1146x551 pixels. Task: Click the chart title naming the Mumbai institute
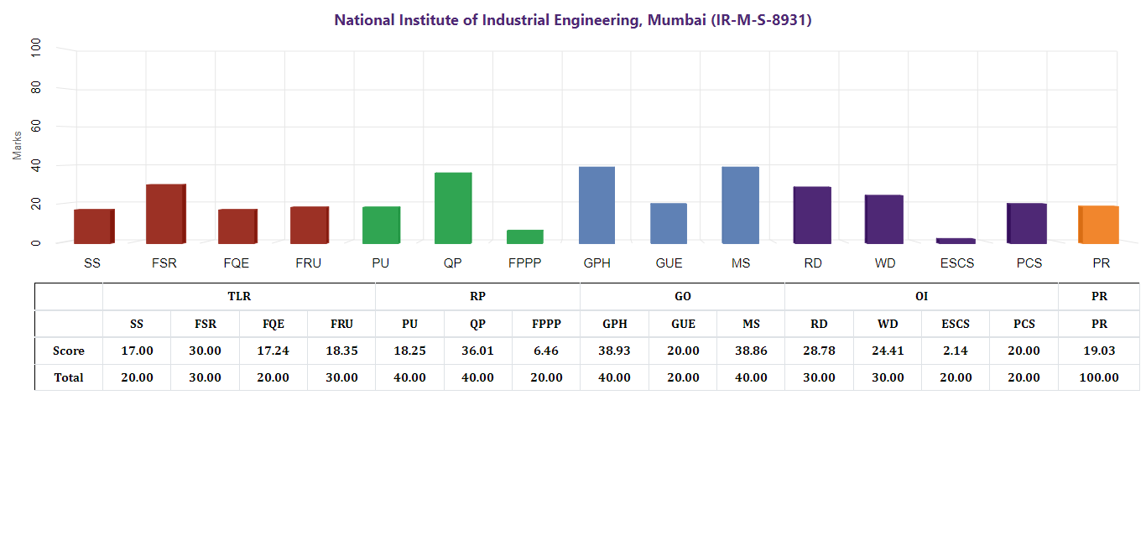point(573,20)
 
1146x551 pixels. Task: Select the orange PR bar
point(1098,224)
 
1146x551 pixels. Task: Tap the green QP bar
point(453,208)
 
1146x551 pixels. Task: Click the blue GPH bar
point(596,205)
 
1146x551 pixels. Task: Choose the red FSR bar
point(165,213)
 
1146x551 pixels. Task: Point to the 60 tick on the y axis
point(35,127)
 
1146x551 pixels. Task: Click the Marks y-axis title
point(18,145)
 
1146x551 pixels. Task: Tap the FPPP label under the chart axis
point(525,263)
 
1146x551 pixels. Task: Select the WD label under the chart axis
point(885,263)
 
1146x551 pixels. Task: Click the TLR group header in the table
point(239,296)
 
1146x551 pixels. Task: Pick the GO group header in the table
point(683,296)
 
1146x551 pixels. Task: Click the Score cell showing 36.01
point(478,351)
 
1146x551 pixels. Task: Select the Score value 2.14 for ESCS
point(956,351)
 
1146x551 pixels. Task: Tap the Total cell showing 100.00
point(1099,377)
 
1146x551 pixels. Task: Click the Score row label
point(69,351)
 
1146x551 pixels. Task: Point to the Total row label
point(69,377)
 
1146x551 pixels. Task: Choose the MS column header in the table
point(751,324)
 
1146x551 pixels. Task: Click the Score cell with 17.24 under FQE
point(273,351)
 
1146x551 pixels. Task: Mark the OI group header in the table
point(921,296)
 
